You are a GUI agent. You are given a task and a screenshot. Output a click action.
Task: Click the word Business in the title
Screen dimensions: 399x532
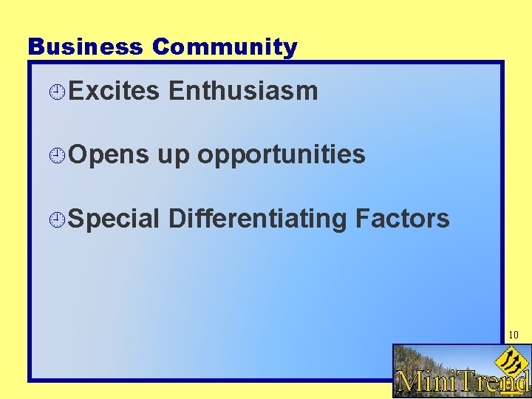click(85, 47)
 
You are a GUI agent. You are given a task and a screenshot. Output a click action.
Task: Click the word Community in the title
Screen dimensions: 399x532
click(225, 47)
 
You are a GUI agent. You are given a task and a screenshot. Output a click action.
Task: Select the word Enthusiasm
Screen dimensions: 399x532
click(243, 91)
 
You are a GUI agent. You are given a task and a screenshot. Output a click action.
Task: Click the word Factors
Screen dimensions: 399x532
click(402, 219)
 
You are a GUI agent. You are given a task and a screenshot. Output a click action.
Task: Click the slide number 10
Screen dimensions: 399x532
click(513, 335)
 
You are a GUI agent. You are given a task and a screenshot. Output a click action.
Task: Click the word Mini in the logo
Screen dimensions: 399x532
click(429, 381)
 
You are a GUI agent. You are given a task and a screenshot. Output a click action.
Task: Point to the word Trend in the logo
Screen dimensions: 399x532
click(496, 381)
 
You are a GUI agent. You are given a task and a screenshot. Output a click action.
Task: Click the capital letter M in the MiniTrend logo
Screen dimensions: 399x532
click(409, 381)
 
